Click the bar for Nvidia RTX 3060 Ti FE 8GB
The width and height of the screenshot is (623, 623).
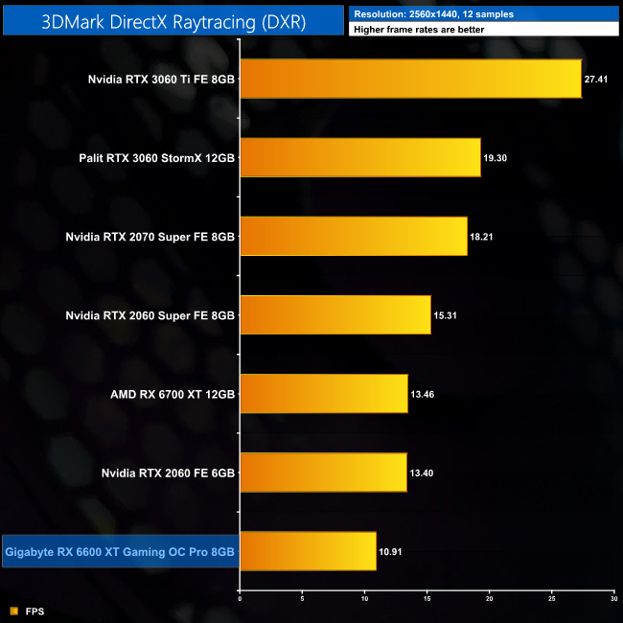(x=410, y=79)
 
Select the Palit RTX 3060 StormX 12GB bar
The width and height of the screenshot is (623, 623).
(x=359, y=157)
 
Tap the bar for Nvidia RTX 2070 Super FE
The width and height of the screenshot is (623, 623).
(x=353, y=236)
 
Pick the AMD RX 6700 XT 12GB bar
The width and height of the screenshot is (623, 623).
(x=323, y=393)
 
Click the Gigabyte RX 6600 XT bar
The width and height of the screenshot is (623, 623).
(x=308, y=550)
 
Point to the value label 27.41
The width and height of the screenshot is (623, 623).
(x=599, y=80)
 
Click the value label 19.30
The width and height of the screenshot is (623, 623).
(x=496, y=158)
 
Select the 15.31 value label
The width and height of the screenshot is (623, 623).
(x=447, y=315)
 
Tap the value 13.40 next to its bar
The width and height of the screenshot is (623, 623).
(x=423, y=473)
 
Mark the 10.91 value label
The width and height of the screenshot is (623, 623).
(x=392, y=551)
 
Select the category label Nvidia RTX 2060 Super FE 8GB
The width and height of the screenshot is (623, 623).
(x=150, y=314)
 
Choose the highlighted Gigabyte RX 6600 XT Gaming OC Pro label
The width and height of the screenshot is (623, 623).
(x=120, y=551)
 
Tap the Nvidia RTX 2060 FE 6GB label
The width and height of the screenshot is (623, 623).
(x=167, y=472)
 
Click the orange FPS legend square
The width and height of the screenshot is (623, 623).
(x=13, y=611)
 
